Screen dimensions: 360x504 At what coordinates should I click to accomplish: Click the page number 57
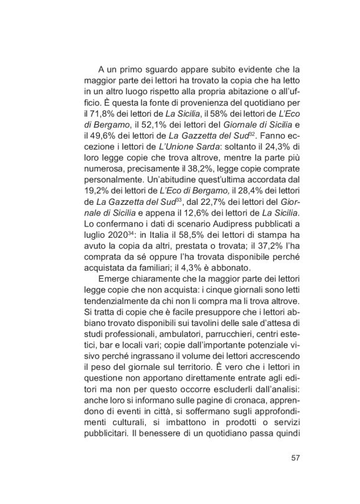coord(295,459)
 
